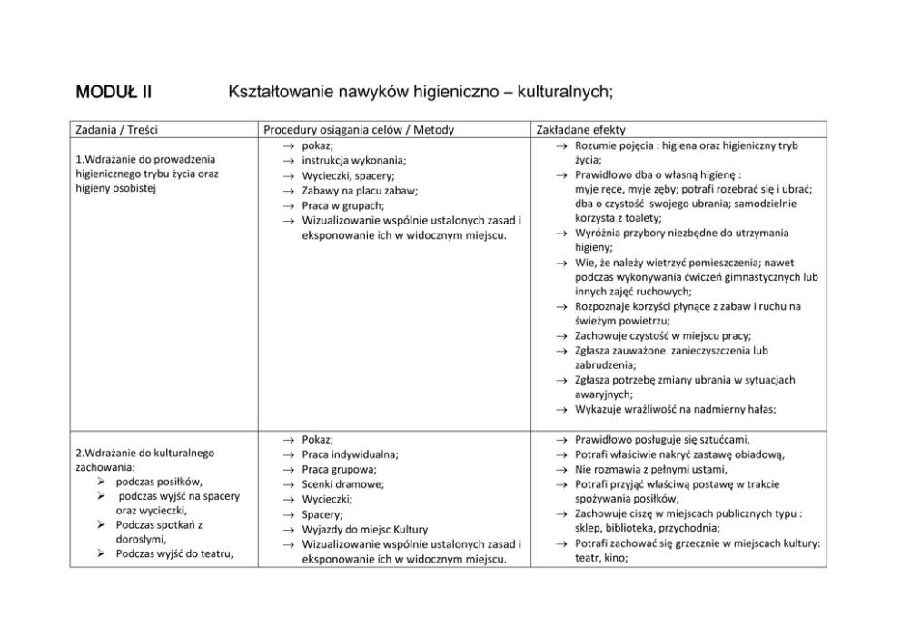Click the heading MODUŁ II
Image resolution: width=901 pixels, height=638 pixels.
pos(114,92)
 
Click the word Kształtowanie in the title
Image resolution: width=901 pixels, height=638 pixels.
pos(284,92)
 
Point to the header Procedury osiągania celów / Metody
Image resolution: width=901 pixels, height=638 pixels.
pos(359,130)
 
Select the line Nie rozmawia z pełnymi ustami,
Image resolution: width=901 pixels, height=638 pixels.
pos(650,469)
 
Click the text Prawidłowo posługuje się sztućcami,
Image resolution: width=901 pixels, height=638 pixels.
pos(662,439)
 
